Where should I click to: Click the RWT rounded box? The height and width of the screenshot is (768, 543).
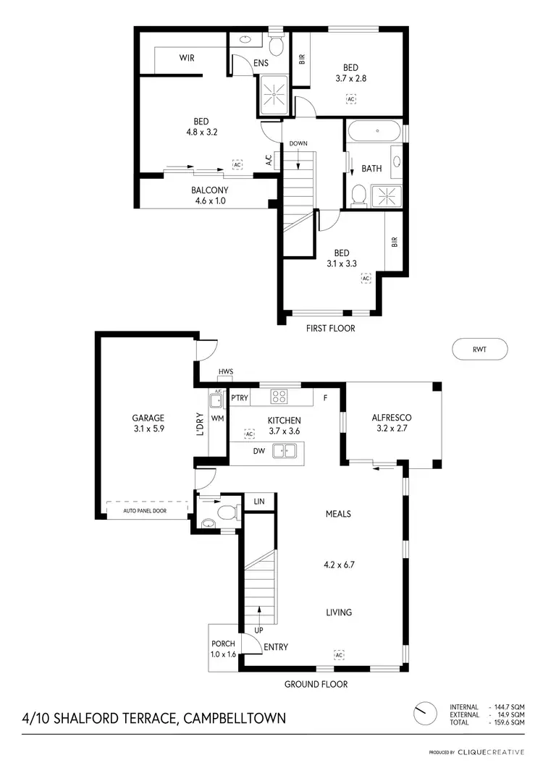pyautogui.click(x=479, y=349)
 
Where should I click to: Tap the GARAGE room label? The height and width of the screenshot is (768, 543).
pyautogui.click(x=148, y=418)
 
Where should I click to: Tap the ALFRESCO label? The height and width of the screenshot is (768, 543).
pyautogui.click(x=392, y=418)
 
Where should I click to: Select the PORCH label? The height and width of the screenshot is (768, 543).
pyautogui.click(x=222, y=643)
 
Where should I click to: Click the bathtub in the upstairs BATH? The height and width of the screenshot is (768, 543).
pyautogui.click(x=375, y=131)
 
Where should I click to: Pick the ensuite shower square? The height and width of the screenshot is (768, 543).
pyautogui.click(x=274, y=96)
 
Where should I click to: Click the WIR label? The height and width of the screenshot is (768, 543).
pyautogui.click(x=188, y=57)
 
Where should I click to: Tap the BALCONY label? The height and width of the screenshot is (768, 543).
pyautogui.click(x=210, y=190)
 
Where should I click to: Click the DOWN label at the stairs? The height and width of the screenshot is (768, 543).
pyautogui.click(x=298, y=143)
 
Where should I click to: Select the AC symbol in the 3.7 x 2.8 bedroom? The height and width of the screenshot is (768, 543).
pyautogui.click(x=351, y=99)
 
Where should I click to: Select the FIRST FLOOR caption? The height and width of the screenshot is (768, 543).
pyautogui.click(x=331, y=328)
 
